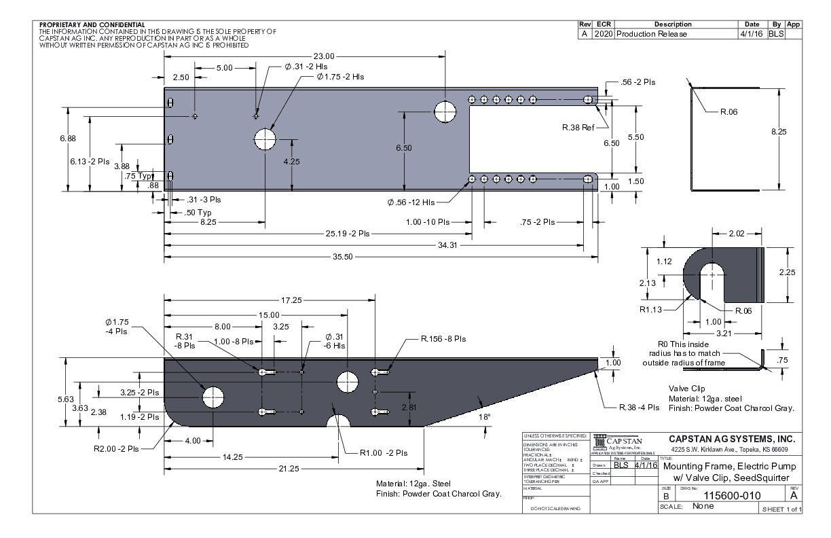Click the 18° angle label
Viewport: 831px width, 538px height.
point(485,419)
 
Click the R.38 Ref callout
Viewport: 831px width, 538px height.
point(579,127)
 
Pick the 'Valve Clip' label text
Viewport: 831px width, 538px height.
point(687,389)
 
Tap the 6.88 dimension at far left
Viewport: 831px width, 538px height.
point(59,139)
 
